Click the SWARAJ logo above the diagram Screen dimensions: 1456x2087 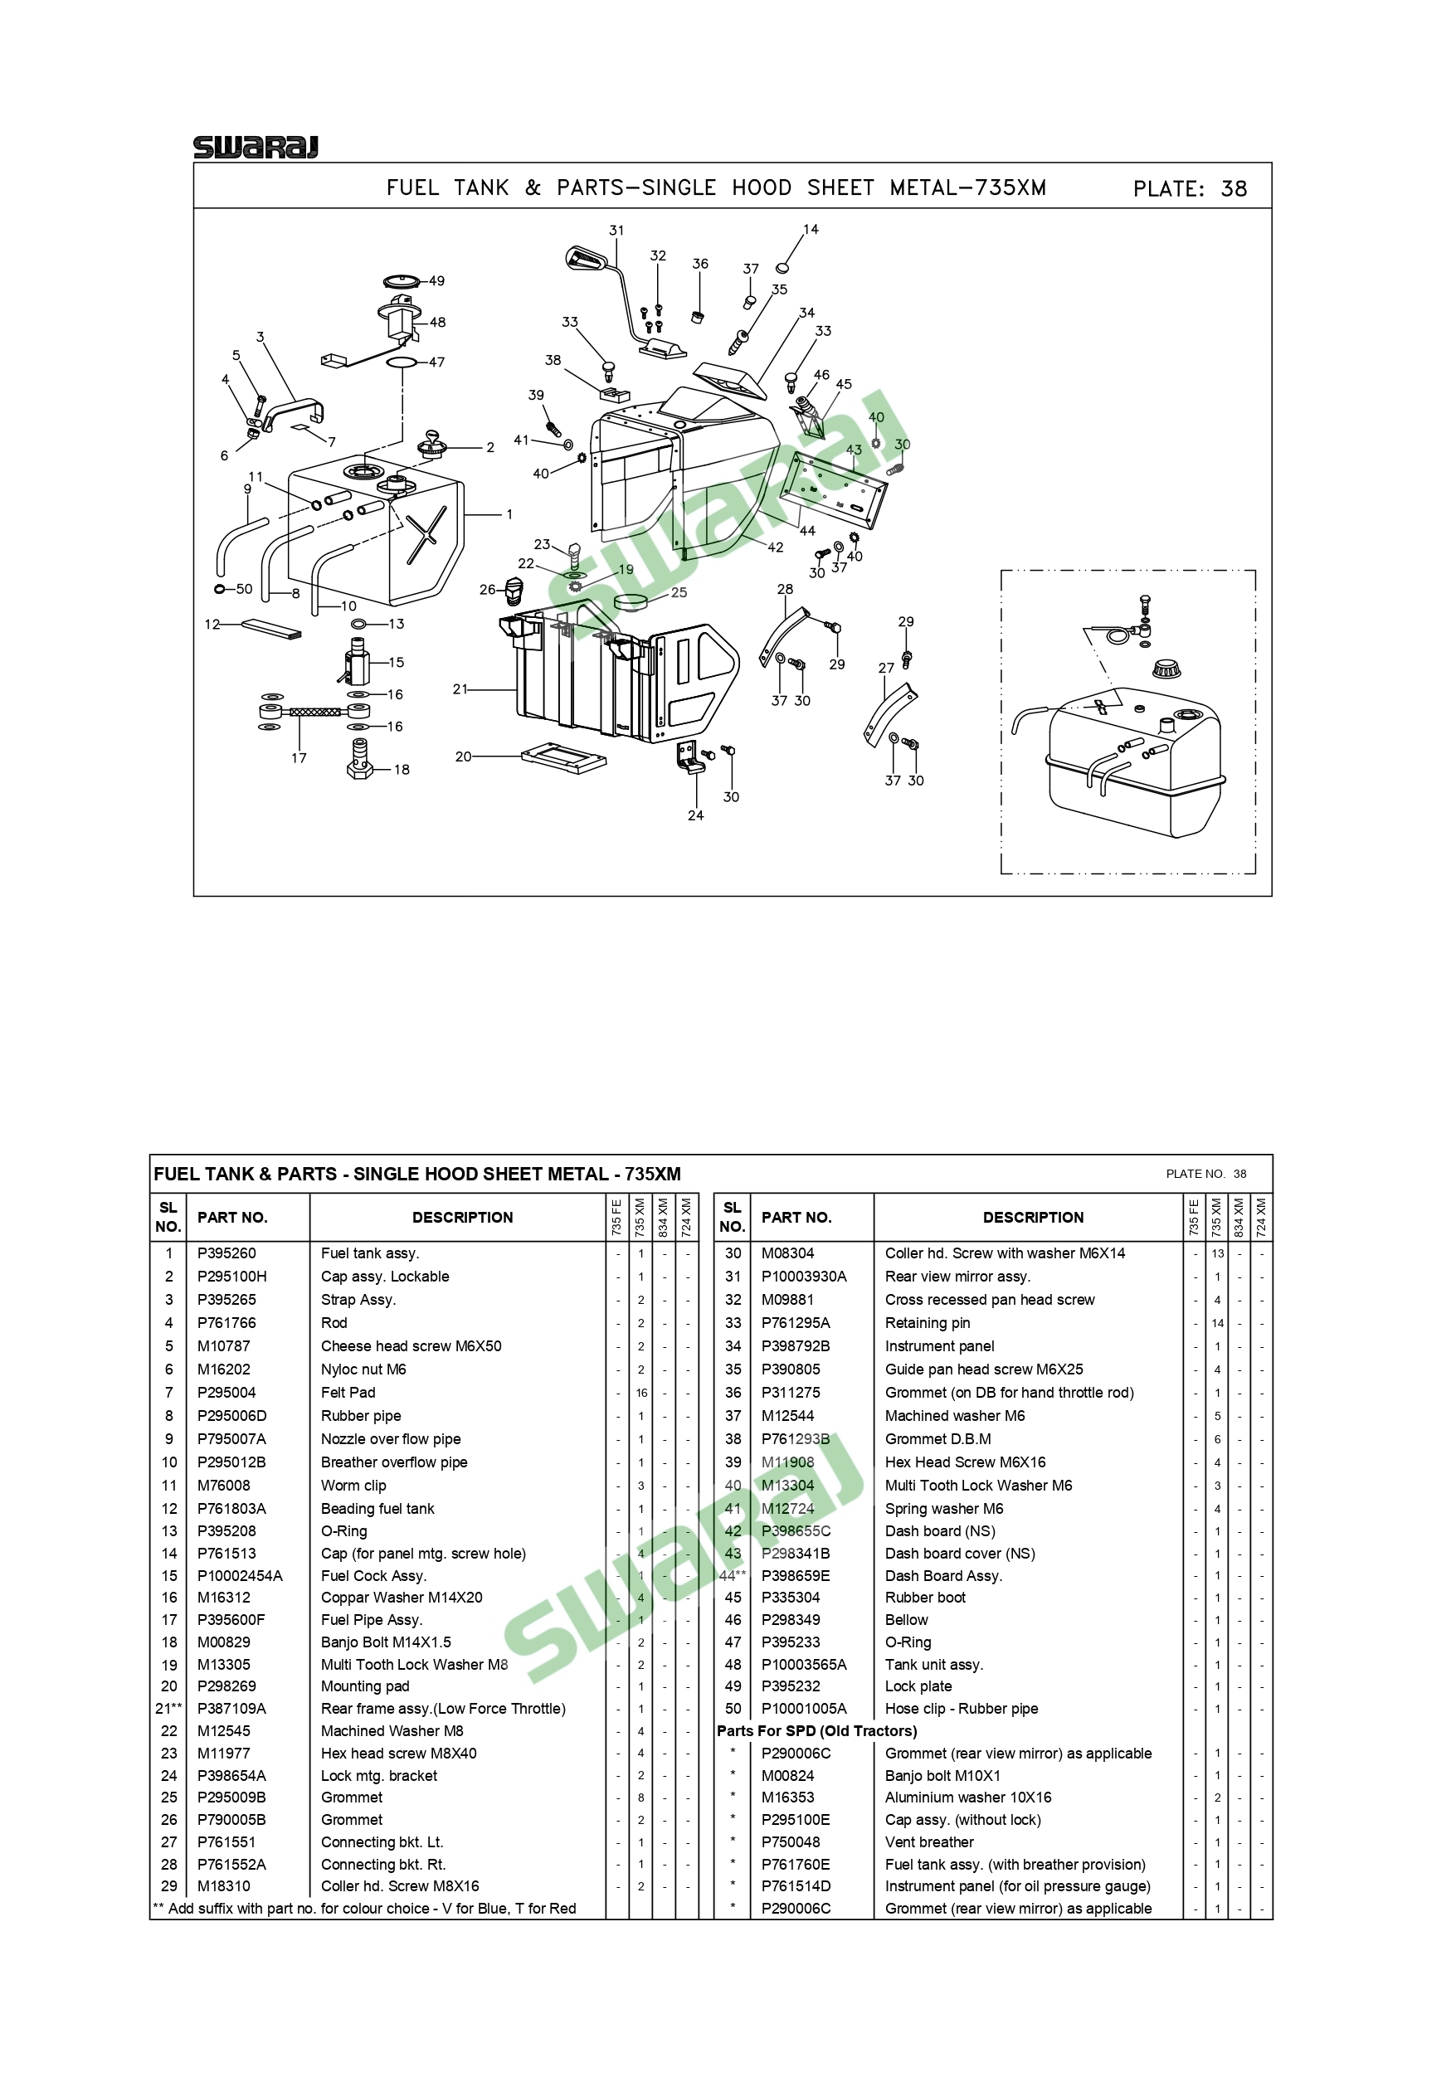pyautogui.click(x=256, y=148)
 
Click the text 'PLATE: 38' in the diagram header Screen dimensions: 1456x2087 pyautogui.click(x=1190, y=189)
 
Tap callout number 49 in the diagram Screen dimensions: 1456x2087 pyautogui.click(x=437, y=281)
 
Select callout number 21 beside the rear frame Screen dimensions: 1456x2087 pyautogui.click(x=460, y=689)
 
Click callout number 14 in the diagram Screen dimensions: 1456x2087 pyautogui.click(x=811, y=229)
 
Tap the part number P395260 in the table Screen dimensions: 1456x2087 pyautogui.click(x=226, y=1253)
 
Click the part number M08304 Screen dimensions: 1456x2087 pyautogui.click(x=788, y=1253)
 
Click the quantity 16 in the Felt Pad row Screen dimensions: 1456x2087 pyautogui.click(x=640, y=1393)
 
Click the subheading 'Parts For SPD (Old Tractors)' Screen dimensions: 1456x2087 pyautogui.click(x=817, y=1730)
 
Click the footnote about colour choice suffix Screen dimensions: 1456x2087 pyautogui.click(x=364, y=1909)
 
